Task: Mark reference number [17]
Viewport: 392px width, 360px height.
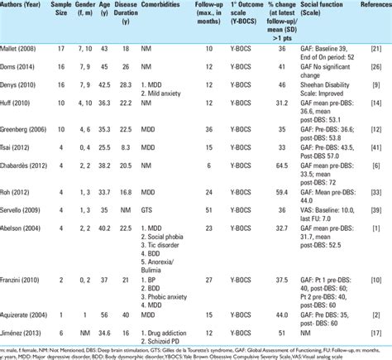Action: click(x=376, y=330)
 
